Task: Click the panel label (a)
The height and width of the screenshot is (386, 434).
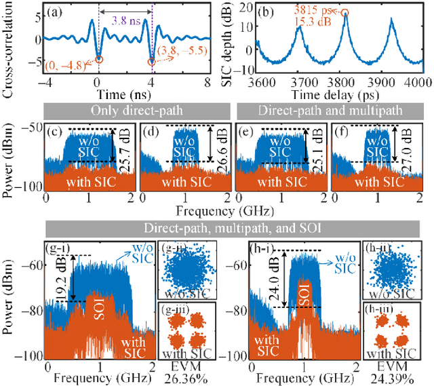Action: click(59, 11)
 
